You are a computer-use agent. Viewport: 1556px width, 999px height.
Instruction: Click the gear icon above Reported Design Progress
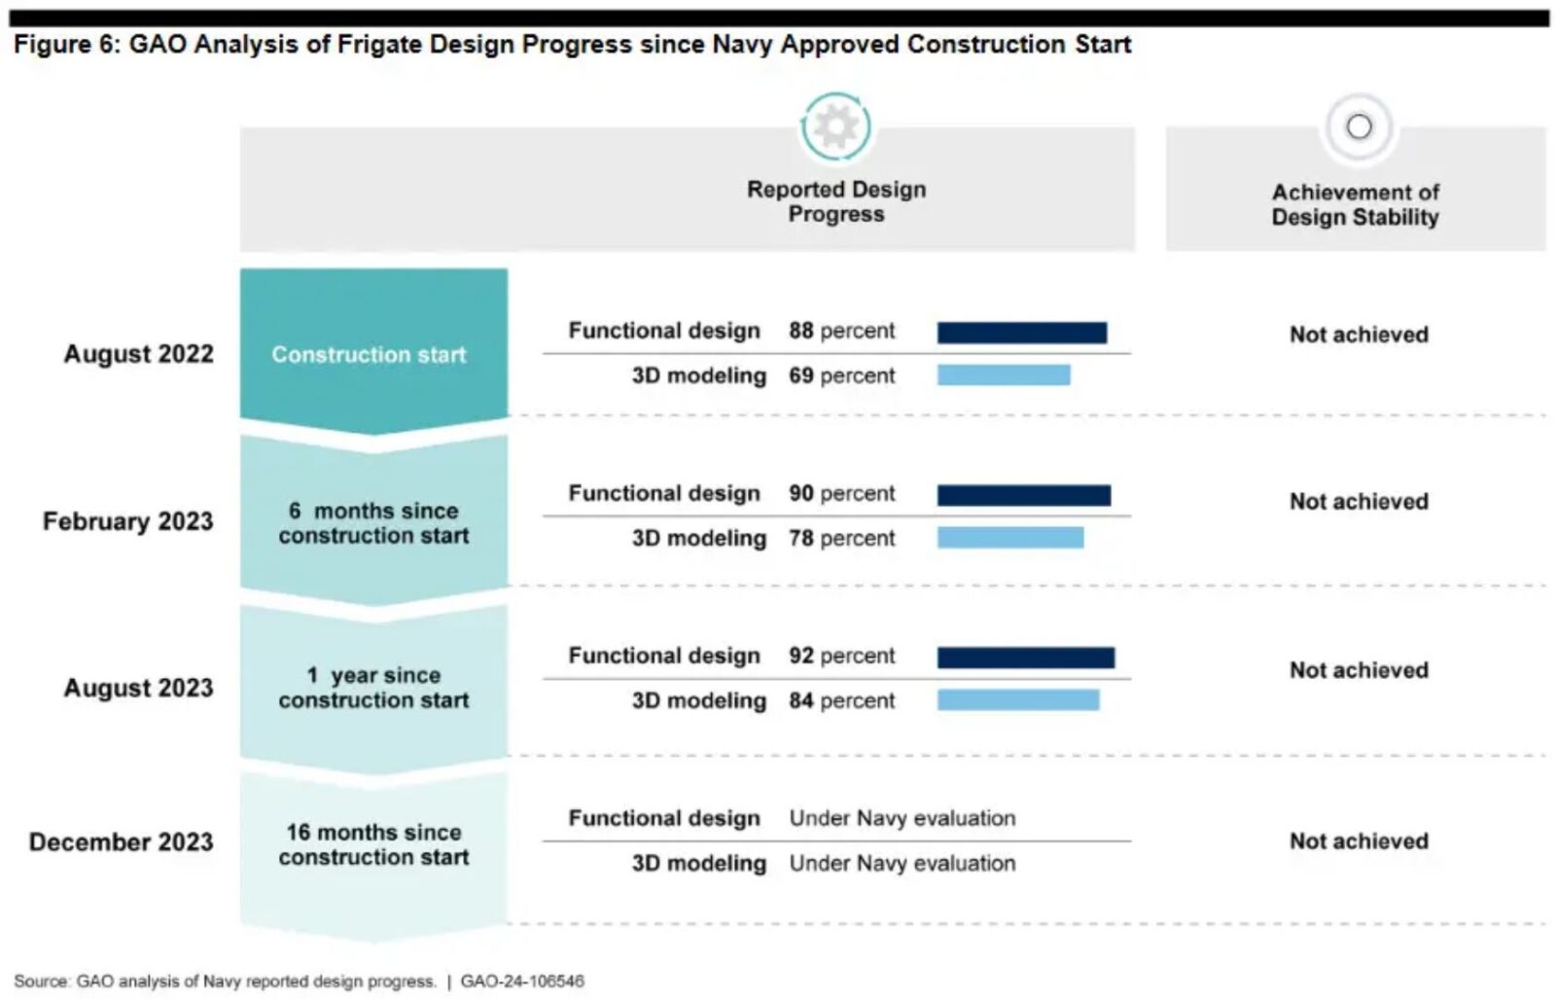pos(835,126)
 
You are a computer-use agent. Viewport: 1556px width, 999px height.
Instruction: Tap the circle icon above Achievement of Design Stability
pos(1359,126)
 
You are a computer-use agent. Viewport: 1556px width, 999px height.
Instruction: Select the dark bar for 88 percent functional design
pos(1021,333)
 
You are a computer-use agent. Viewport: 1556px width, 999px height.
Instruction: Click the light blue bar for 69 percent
pos(1003,375)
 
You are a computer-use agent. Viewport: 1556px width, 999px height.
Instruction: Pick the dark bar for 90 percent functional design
pos(1023,495)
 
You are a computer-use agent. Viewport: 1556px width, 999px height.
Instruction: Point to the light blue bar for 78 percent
pos(1009,537)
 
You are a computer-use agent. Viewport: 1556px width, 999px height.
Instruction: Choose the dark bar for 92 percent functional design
pos(1025,658)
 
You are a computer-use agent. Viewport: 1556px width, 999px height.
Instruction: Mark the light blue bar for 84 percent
pos(1017,699)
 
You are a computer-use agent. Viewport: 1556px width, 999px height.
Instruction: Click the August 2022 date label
pos(138,353)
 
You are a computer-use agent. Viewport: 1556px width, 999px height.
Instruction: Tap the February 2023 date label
pos(127,521)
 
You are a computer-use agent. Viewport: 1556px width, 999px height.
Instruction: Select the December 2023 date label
pos(121,841)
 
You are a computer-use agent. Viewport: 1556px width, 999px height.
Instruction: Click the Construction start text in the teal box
pos(369,354)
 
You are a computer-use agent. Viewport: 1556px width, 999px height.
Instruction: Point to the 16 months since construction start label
pos(373,844)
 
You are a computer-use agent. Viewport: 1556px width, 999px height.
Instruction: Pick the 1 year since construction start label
pos(373,688)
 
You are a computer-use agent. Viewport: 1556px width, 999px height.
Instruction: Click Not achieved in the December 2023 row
pos(1359,841)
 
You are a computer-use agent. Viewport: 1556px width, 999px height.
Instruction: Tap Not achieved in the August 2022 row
pos(1359,335)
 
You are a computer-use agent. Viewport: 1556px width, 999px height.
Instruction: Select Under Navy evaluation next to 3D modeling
pos(902,863)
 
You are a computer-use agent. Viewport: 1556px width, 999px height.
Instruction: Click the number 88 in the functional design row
pos(800,331)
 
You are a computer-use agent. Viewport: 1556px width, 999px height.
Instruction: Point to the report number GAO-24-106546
pos(522,981)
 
